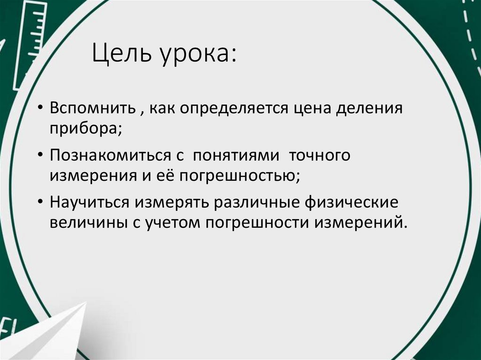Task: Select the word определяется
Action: (x=233, y=109)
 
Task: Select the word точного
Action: (x=319, y=155)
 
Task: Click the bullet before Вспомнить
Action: (x=41, y=109)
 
